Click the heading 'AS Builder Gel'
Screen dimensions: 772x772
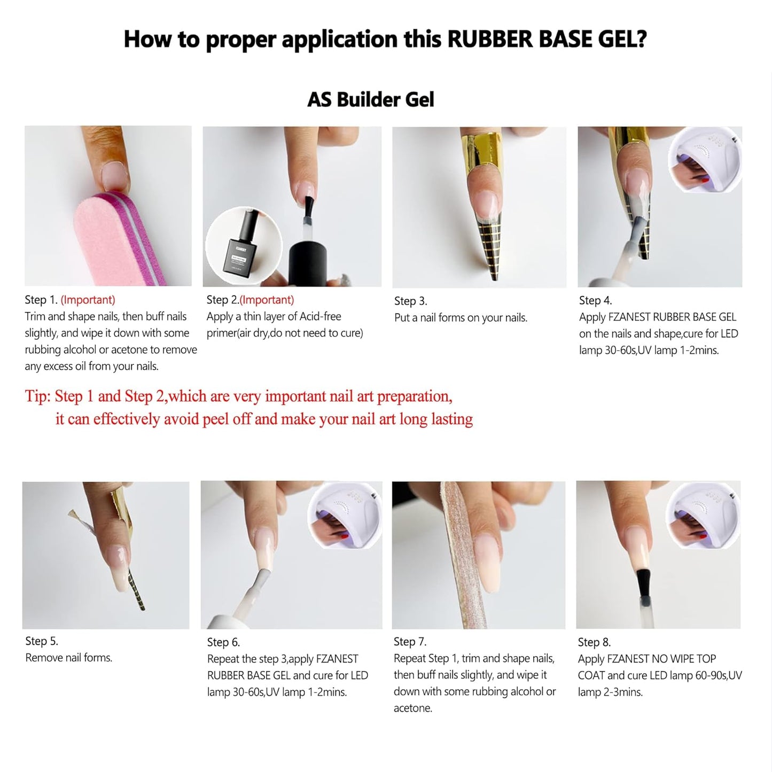click(x=370, y=100)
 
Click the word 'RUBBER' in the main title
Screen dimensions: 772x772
click(x=488, y=40)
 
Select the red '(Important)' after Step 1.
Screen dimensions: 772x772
click(x=88, y=300)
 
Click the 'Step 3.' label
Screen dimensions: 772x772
click(x=410, y=301)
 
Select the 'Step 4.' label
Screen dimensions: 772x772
click(x=595, y=301)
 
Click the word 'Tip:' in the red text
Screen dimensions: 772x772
click(x=38, y=396)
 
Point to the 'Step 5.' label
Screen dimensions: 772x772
click(x=42, y=641)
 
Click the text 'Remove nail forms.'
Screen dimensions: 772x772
click(x=68, y=658)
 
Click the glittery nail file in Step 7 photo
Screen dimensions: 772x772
click(x=459, y=556)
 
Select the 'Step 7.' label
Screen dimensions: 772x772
click(x=410, y=642)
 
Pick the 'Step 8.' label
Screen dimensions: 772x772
click(x=594, y=642)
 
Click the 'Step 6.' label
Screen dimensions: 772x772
click(x=223, y=642)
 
